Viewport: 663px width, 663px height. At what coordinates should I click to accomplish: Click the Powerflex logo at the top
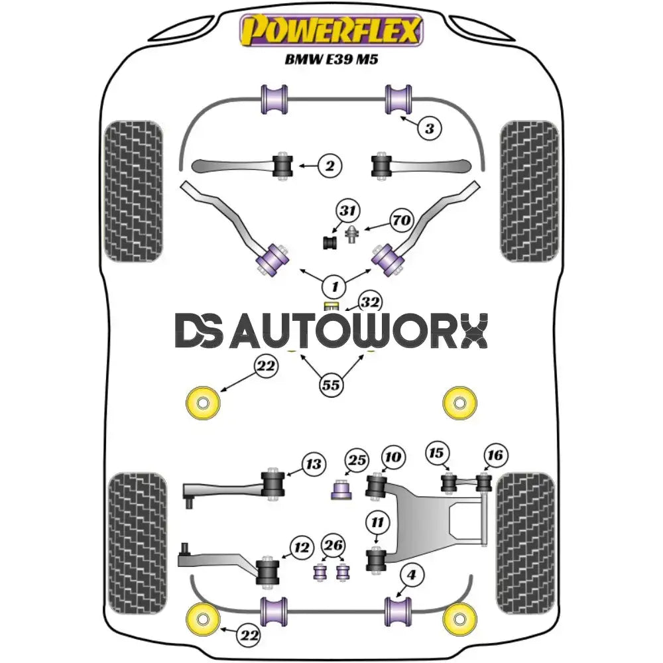pyautogui.click(x=331, y=30)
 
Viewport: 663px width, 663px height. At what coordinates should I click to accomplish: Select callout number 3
pyautogui.click(x=430, y=128)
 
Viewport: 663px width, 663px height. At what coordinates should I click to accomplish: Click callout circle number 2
pyautogui.click(x=330, y=166)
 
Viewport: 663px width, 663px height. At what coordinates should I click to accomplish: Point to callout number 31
pyautogui.click(x=347, y=211)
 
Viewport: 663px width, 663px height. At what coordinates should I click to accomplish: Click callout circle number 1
pyautogui.click(x=334, y=287)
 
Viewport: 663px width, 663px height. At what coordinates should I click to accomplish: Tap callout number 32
pyautogui.click(x=371, y=303)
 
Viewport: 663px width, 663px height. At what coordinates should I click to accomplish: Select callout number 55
pyautogui.click(x=331, y=385)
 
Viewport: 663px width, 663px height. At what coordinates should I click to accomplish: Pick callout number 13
pyautogui.click(x=314, y=463)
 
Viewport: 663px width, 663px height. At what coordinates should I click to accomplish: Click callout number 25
pyautogui.click(x=357, y=460)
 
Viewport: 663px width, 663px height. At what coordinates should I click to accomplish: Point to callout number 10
pyautogui.click(x=392, y=457)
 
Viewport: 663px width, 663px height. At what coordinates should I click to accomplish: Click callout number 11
pyautogui.click(x=378, y=523)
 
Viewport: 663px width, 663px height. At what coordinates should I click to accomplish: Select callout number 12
pyautogui.click(x=302, y=548)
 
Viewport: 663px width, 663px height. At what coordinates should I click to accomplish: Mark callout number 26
pyautogui.click(x=333, y=546)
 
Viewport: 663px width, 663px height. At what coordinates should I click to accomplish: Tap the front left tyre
pyautogui.click(x=133, y=190)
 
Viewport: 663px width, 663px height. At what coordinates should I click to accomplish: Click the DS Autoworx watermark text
pyautogui.click(x=331, y=331)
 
